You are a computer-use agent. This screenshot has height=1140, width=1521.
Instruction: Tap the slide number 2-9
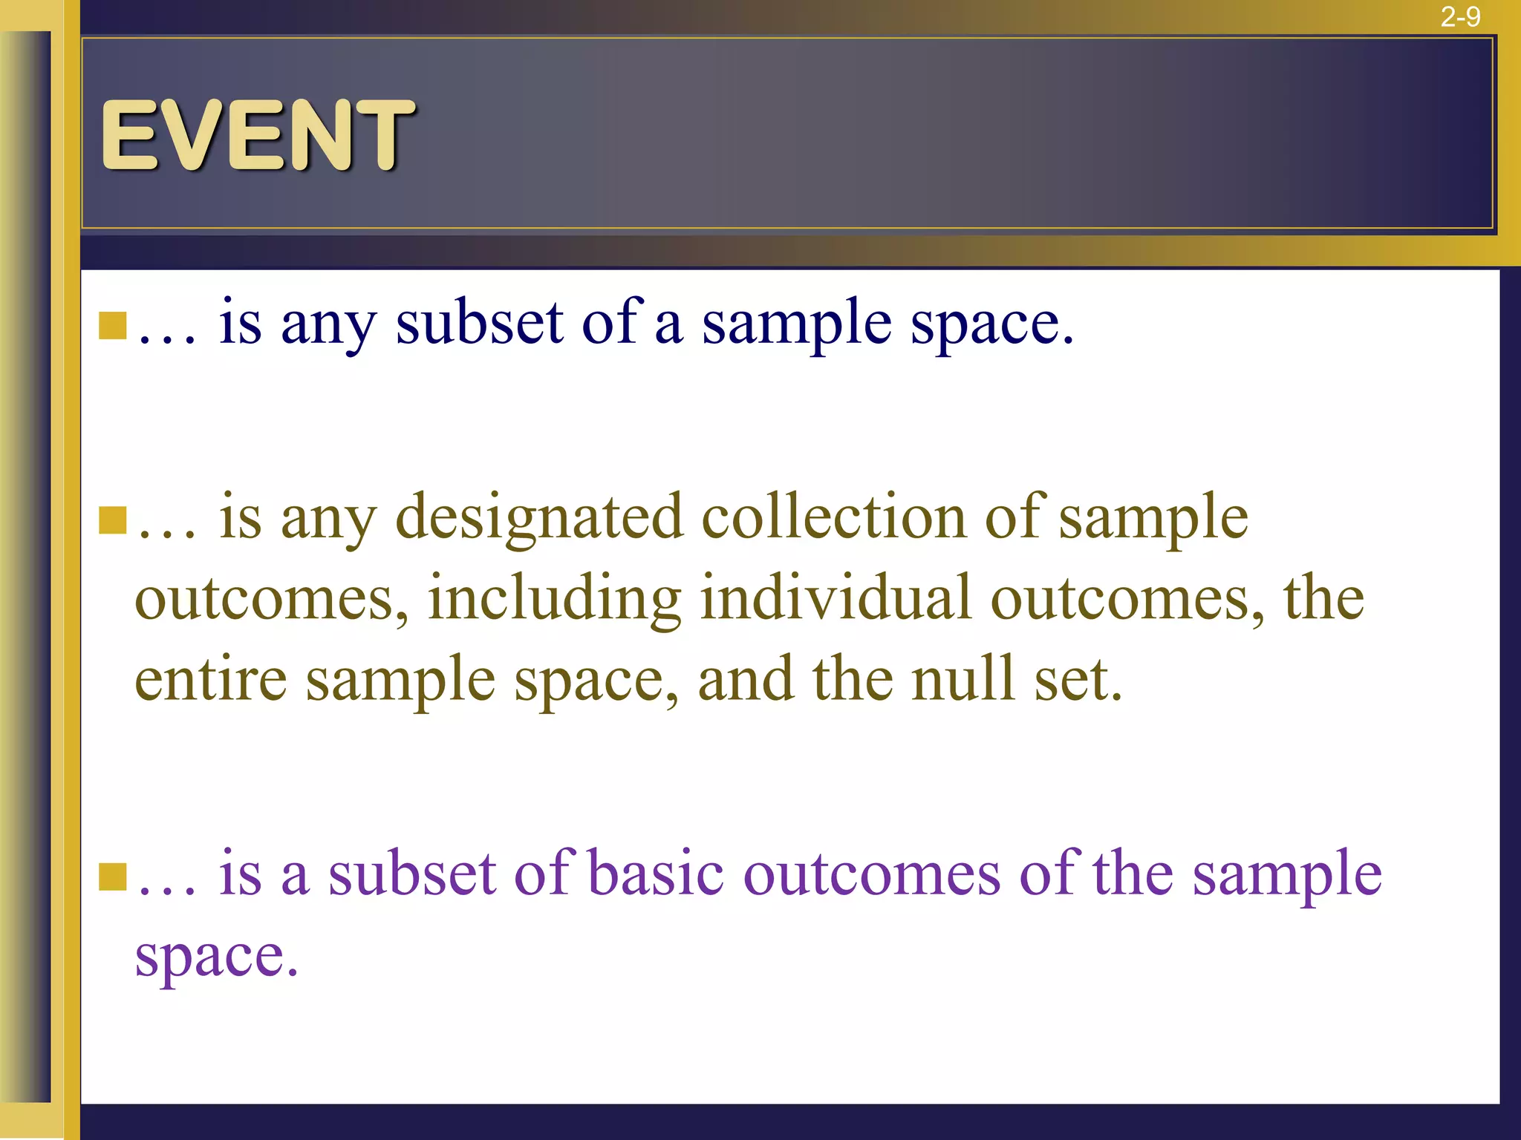(x=1460, y=16)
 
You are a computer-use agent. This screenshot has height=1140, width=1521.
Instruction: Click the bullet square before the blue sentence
(x=113, y=325)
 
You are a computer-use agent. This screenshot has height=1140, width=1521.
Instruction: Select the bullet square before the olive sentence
(x=113, y=520)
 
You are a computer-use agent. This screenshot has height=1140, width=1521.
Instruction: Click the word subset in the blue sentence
(x=479, y=324)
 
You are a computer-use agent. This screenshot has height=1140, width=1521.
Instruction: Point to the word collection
(x=833, y=517)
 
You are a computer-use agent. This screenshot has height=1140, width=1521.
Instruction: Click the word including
(x=554, y=600)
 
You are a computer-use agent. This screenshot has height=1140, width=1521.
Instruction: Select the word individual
(x=836, y=598)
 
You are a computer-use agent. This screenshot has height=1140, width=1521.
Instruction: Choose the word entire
(x=210, y=679)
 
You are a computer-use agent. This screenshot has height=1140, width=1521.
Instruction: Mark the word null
(x=963, y=679)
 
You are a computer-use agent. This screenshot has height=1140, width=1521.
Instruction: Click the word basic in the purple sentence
(x=656, y=874)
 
